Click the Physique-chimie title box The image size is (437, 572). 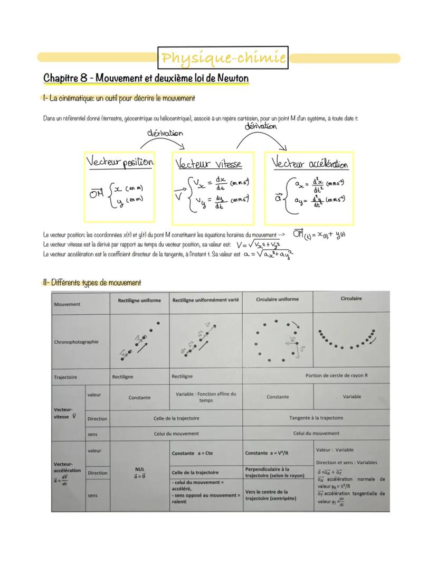(x=223, y=58)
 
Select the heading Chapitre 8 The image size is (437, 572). (x=146, y=78)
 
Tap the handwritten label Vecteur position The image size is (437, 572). (x=120, y=162)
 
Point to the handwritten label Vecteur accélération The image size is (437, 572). (x=310, y=164)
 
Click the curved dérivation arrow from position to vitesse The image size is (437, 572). (x=166, y=139)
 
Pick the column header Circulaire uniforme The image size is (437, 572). (x=277, y=299)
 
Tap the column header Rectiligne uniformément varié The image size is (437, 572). (x=205, y=300)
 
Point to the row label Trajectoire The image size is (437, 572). (x=65, y=377)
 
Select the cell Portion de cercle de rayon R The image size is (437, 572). (x=336, y=376)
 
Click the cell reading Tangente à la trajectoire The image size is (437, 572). (x=316, y=418)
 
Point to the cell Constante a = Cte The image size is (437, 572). (x=193, y=453)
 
